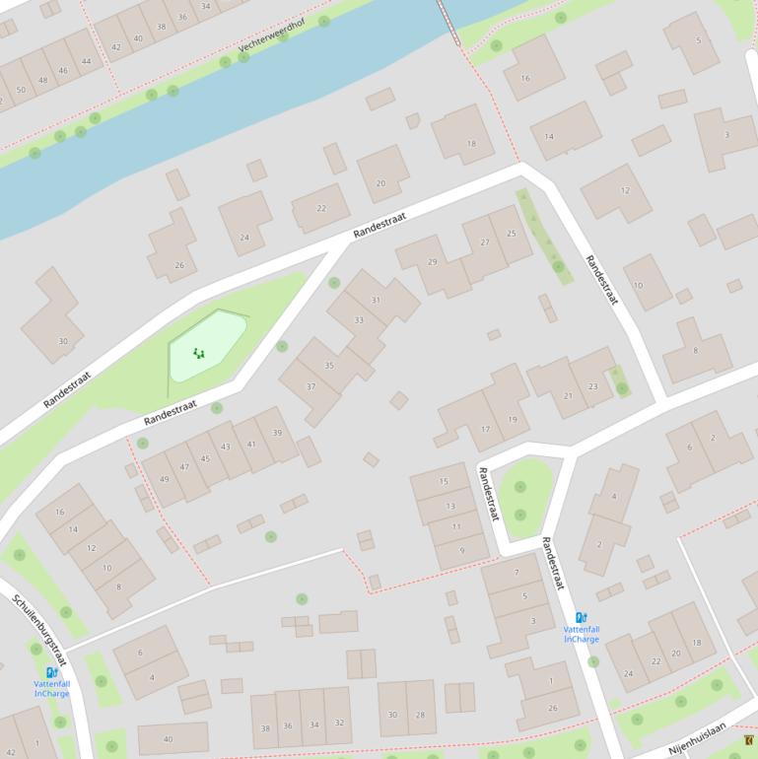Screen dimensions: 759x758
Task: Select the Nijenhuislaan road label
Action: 697,738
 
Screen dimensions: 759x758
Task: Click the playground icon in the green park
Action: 199,353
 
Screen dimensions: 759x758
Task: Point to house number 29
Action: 432,261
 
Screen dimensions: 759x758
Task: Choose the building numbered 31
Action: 376,300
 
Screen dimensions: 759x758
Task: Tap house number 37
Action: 310,386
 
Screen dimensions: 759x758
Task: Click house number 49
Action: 164,479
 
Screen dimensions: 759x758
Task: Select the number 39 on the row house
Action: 278,433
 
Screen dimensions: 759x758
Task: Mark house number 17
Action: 485,429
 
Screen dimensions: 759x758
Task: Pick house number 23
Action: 592,386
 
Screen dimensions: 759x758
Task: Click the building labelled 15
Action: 444,481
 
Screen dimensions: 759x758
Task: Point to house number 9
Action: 461,550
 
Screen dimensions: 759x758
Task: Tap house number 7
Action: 516,572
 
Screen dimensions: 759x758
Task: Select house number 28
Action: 420,715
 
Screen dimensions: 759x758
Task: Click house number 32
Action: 339,724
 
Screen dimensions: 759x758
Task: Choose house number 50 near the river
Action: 21,90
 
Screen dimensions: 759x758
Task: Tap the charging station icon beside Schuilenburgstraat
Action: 51,672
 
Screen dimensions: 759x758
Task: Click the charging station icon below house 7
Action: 582,618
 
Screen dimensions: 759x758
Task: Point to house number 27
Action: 485,241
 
